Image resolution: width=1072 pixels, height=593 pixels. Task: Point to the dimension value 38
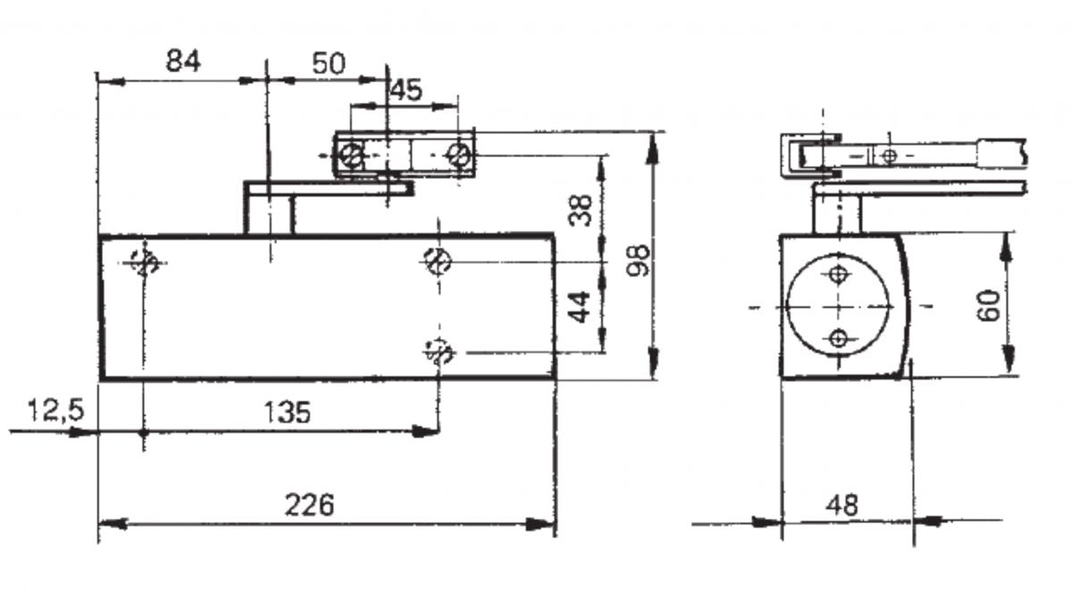pos(582,211)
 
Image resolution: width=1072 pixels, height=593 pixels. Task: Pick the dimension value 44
pos(582,308)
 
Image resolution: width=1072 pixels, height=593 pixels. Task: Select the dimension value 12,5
pos(55,411)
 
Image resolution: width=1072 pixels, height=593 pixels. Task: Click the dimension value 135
pos(287,412)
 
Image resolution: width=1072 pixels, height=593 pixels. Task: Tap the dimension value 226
pos(309,505)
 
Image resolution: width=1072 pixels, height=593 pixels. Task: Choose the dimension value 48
pos(842,505)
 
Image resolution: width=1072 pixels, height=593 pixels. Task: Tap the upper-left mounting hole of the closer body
pos(144,262)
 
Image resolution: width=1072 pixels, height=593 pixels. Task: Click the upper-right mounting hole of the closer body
pos(438,261)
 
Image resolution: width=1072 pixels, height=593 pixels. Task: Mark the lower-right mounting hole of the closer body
pos(439,352)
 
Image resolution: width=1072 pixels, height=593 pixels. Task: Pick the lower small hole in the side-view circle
pos(838,338)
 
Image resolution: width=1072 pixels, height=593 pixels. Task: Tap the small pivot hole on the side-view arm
pos(887,157)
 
